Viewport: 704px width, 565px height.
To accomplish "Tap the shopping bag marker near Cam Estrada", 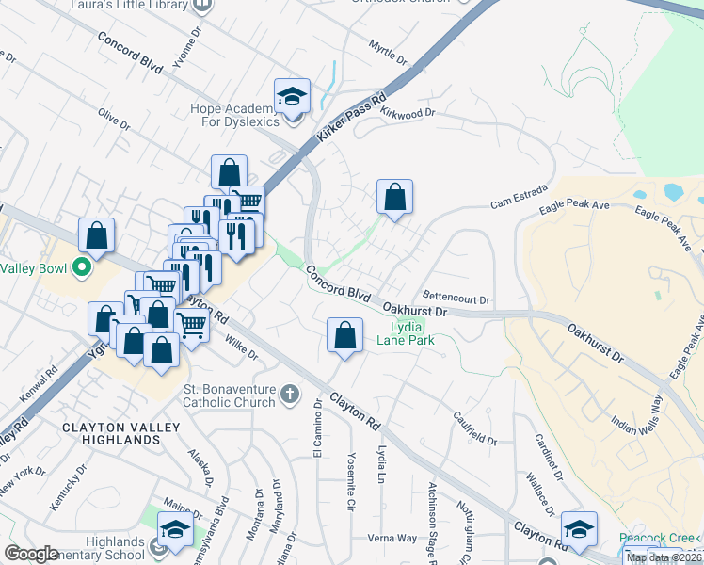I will click(x=395, y=197).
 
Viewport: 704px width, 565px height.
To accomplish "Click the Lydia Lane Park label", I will click(x=406, y=334).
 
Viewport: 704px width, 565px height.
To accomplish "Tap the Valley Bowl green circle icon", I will click(x=81, y=266).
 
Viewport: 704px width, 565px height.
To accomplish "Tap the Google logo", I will click(x=31, y=553).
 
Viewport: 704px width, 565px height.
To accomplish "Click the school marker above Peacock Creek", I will click(x=580, y=528).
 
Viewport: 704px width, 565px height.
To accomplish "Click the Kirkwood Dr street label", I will click(x=408, y=112).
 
